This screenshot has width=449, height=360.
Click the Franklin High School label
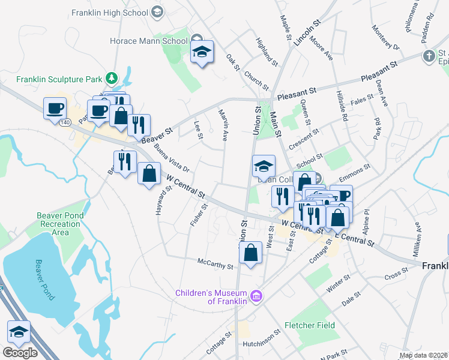pyautogui.click(x=109, y=12)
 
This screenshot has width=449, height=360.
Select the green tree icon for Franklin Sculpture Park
pyautogui.click(x=110, y=79)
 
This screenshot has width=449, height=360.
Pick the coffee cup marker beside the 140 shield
pyautogui.click(x=55, y=109)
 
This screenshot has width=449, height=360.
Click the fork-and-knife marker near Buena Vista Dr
pyautogui.click(x=124, y=162)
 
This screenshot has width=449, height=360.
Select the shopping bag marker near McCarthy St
pyautogui.click(x=251, y=252)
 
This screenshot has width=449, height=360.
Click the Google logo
pyautogui.click(x=19, y=353)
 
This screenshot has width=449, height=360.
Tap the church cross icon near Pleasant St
pyautogui.click(x=428, y=56)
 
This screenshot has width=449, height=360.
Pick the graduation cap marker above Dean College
pyautogui.click(x=264, y=166)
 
